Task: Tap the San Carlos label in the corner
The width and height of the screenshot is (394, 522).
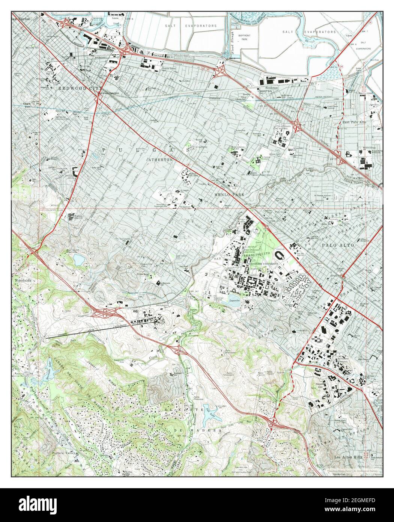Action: tap(20, 18)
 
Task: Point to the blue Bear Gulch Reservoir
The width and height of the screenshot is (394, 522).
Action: tap(79, 259)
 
